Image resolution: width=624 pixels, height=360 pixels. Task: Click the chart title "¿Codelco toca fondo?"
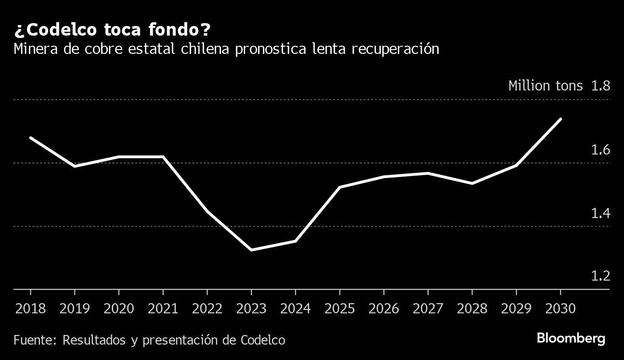(112, 30)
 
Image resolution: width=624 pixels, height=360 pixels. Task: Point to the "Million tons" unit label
(545, 86)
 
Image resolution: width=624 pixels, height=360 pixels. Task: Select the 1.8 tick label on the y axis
(600, 86)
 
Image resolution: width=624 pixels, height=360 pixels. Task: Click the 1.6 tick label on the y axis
(600, 150)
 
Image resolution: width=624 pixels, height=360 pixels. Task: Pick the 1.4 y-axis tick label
(600, 213)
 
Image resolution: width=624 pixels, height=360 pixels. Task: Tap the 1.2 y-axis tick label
(600, 276)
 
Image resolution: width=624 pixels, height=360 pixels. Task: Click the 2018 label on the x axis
(30, 309)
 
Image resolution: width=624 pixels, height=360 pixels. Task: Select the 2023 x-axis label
(251, 309)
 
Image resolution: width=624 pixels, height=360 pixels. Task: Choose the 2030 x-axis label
(560, 309)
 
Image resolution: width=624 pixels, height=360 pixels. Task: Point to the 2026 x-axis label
(384, 309)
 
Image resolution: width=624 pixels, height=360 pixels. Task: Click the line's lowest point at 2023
(251, 250)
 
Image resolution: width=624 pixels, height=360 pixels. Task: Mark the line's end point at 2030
(560, 118)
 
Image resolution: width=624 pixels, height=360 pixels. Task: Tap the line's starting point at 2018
(30, 138)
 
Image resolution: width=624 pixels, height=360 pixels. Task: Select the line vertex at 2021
(163, 156)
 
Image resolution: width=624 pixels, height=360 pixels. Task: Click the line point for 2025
(339, 187)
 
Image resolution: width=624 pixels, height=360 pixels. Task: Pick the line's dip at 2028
(472, 183)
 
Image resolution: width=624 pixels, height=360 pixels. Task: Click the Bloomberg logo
(571, 338)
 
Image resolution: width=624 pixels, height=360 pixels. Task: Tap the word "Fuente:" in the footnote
(35, 340)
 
